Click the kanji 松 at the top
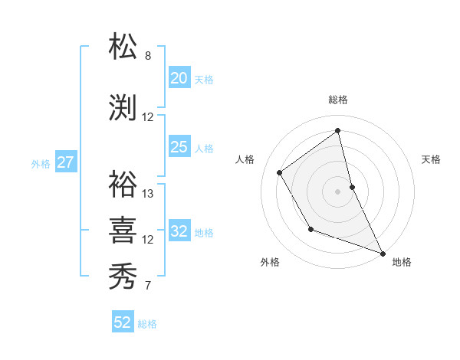(x=123, y=46)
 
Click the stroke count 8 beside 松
(x=148, y=56)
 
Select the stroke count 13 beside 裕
(x=148, y=194)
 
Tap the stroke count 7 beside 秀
(x=148, y=286)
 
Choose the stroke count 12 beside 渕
(x=148, y=117)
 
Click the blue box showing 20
(x=179, y=78)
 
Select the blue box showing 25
(x=179, y=147)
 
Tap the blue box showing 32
(x=179, y=231)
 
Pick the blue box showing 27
(x=65, y=162)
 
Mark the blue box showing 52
(x=122, y=322)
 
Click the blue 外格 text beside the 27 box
(x=41, y=163)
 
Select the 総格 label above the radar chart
(x=338, y=100)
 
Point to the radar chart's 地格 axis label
(x=402, y=262)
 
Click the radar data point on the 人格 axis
(x=280, y=172)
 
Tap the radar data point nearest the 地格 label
(x=383, y=254)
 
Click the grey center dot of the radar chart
(x=338, y=191)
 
